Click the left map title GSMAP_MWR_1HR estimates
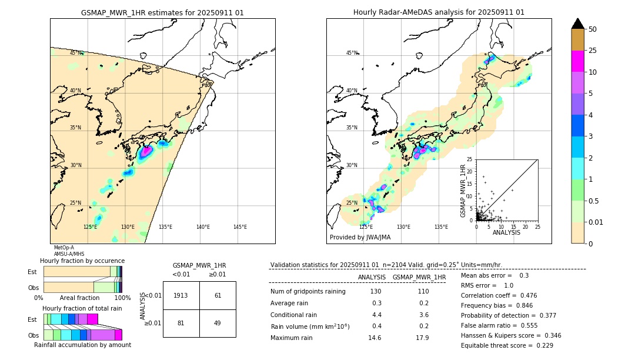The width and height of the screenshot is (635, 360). click(x=162, y=12)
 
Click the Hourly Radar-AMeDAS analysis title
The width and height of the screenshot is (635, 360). click(x=439, y=12)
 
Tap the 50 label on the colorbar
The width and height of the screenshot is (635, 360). click(x=593, y=29)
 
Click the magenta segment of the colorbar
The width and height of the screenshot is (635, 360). click(x=577, y=61)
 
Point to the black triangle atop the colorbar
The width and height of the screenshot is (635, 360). click(x=577, y=24)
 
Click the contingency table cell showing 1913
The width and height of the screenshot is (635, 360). click(x=181, y=295)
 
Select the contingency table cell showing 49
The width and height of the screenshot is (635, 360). click(x=218, y=323)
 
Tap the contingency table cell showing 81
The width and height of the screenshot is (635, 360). click(x=181, y=323)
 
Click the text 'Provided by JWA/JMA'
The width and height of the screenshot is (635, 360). click(x=360, y=238)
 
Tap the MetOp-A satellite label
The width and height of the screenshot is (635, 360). click(x=64, y=248)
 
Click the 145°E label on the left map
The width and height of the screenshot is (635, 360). click(x=240, y=227)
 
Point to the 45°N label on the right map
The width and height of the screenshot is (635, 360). click(x=352, y=53)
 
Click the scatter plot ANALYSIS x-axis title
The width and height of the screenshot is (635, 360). click(x=506, y=233)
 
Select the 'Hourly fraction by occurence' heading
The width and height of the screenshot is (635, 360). click(x=82, y=261)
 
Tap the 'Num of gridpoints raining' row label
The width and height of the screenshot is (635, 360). click(x=308, y=292)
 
